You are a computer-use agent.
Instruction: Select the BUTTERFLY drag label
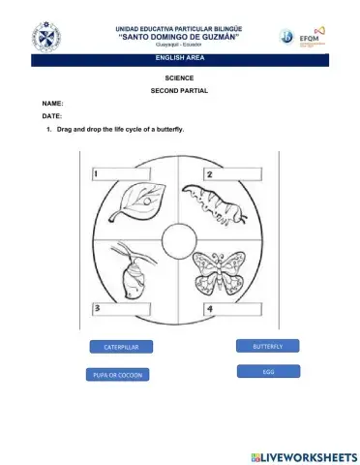tap(268, 346)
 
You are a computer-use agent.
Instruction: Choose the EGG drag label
tap(268, 371)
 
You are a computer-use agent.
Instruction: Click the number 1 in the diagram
tap(97, 174)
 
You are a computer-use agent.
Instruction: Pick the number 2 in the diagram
tap(210, 174)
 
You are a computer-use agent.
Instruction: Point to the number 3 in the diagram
tap(98, 308)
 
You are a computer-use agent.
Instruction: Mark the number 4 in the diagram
tap(210, 308)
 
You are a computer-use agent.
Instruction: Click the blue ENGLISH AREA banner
tap(179, 60)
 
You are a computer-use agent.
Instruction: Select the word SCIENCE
tap(180, 76)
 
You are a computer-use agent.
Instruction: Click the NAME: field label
tap(53, 102)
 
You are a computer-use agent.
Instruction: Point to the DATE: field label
tap(52, 115)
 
